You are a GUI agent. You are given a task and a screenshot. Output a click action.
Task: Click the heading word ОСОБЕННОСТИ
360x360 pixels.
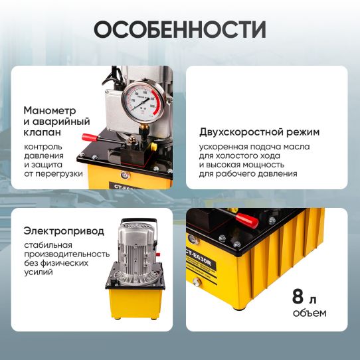(179, 30)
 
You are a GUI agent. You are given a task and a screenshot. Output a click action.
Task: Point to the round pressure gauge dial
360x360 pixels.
(145, 99)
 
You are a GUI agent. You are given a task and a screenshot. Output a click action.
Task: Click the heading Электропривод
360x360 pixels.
(64, 231)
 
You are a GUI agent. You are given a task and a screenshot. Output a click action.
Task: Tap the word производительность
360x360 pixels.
(66, 253)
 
